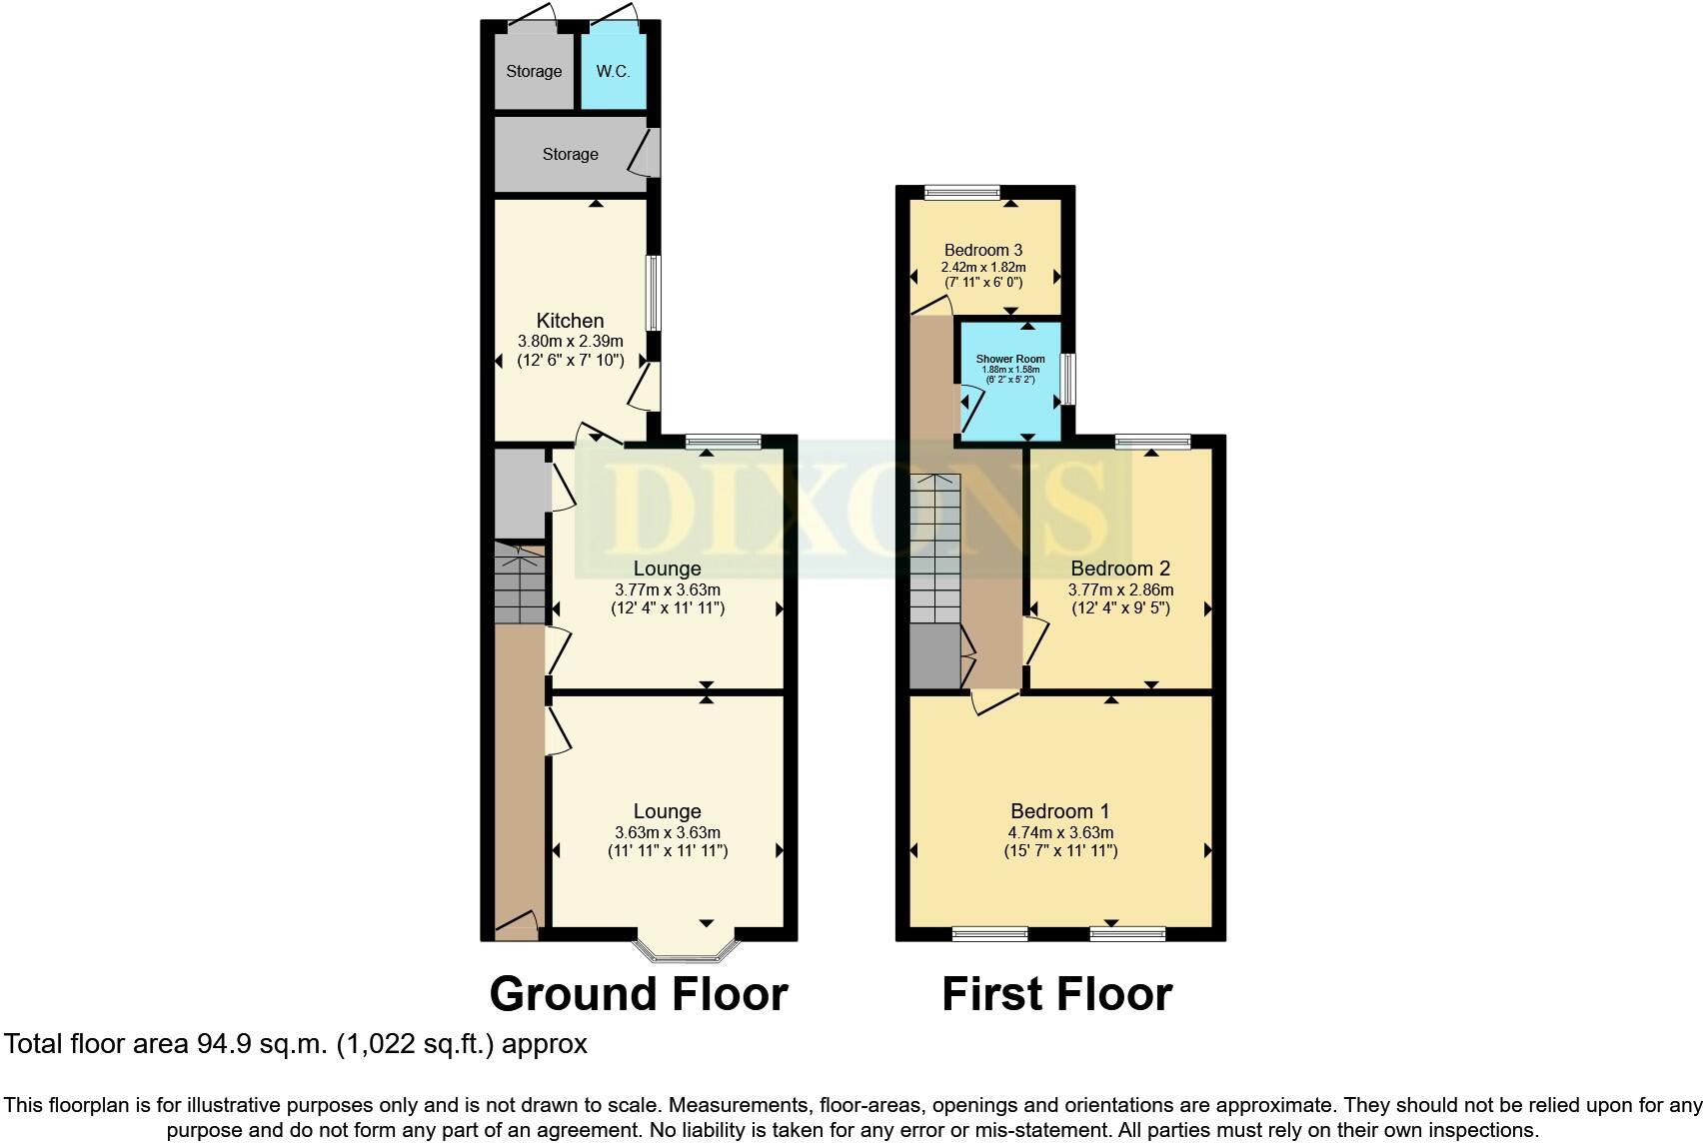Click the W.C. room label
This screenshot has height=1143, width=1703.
click(613, 71)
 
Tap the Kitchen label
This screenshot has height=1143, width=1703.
click(570, 321)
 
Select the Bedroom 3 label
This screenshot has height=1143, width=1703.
click(983, 250)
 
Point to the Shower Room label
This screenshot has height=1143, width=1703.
click(1009, 359)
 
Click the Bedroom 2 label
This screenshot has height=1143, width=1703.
click(1120, 570)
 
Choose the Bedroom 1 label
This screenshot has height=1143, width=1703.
click(1059, 811)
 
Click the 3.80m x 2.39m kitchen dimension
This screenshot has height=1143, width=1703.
click(570, 342)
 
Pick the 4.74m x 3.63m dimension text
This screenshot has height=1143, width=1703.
click(1060, 832)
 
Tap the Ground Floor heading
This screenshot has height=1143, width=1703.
click(639, 994)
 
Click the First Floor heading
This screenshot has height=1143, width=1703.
click(1056, 994)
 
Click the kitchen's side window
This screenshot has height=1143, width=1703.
click(653, 293)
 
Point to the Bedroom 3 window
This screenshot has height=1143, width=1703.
click(962, 192)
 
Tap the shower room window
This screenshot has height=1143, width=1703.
click(1067, 379)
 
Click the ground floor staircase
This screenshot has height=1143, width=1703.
click(520, 584)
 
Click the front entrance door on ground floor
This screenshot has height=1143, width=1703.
click(517, 926)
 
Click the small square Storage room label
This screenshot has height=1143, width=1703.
click(534, 71)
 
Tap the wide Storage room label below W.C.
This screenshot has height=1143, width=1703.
click(570, 154)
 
